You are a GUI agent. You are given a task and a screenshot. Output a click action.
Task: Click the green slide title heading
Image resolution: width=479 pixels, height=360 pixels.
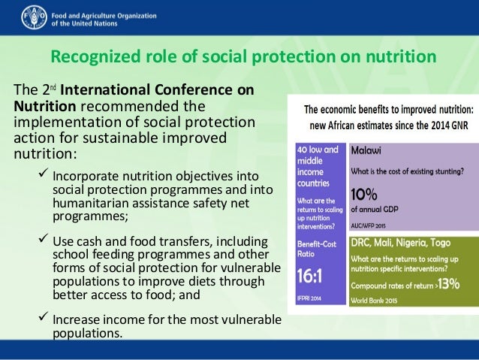(x=243, y=58)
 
